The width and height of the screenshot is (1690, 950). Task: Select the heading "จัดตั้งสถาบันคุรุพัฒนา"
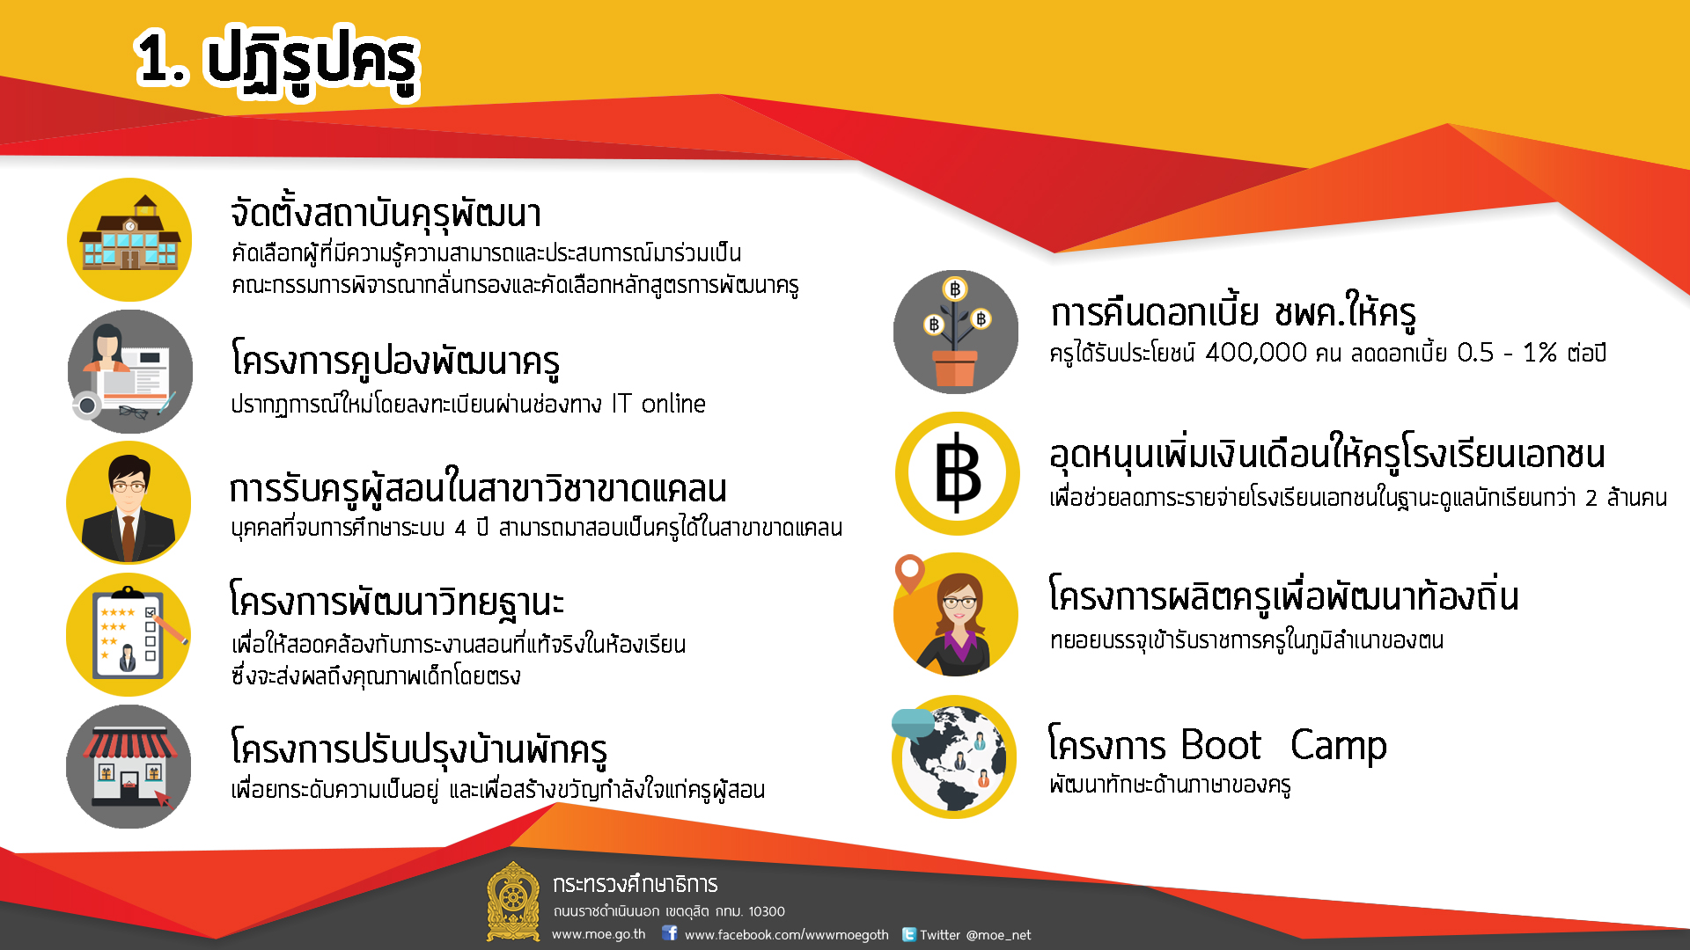tap(386, 214)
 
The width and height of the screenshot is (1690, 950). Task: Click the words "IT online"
tap(659, 404)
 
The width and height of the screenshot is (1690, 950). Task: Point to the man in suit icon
tap(129, 503)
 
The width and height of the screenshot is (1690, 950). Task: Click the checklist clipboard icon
tap(129, 634)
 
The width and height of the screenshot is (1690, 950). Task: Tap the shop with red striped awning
tap(129, 766)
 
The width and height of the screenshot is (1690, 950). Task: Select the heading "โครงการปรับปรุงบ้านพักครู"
tap(419, 749)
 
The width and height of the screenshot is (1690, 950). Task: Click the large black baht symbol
tap(958, 472)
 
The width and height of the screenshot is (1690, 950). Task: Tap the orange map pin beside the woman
tap(909, 574)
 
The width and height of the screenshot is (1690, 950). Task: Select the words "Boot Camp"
tap(1283, 745)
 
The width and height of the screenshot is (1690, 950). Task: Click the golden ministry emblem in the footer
tap(513, 902)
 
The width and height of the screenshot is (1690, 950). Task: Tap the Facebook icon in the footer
tap(670, 933)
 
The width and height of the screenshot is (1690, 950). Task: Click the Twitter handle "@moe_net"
tap(998, 935)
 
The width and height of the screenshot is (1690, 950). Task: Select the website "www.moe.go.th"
tap(599, 934)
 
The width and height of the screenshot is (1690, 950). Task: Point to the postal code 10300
tap(767, 911)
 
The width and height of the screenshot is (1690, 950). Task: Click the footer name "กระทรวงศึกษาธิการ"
tap(635, 884)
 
